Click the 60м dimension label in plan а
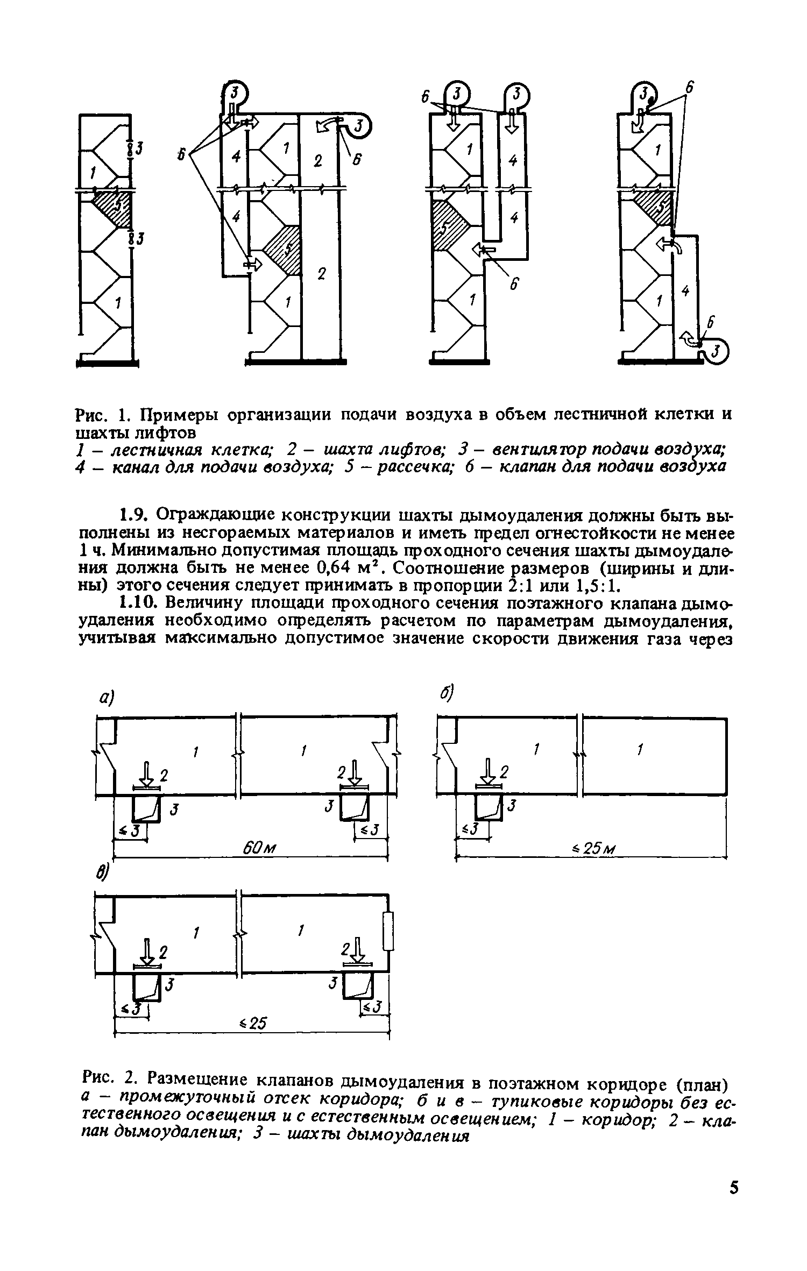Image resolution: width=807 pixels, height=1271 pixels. pyautogui.click(x=260, y=848)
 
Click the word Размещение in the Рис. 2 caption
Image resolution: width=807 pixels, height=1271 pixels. pyautogui.click(x=199, y=1079)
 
